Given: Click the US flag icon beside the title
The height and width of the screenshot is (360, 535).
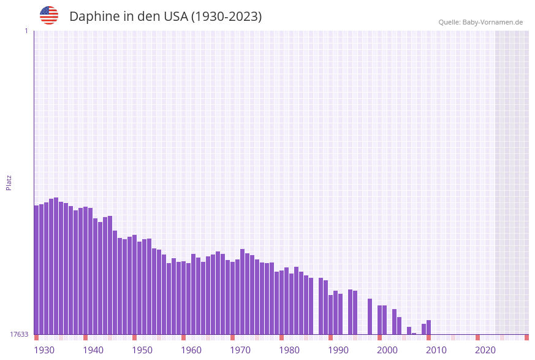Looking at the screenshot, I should tap(49, 15).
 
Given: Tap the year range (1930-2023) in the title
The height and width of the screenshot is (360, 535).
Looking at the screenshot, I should tap(226, 17).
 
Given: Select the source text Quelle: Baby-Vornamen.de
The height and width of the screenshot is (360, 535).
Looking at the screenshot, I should tap(480, 22).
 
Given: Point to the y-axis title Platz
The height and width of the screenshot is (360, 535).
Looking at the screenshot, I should tap(9, 182).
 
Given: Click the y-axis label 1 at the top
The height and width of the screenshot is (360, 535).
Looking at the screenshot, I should tap(26, 31).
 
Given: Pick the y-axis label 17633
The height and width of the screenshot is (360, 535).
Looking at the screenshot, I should tap(19, 334).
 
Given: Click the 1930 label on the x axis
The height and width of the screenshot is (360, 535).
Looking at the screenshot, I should tap(44, 350).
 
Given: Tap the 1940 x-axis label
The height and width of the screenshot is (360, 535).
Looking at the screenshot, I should tap(93, 350).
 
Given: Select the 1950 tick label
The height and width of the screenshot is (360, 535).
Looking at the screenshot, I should tap(142, 350).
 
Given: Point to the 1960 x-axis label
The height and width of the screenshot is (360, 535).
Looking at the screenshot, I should tap(191, 350).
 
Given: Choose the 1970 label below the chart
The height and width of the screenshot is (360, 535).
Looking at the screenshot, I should tap(240, 350).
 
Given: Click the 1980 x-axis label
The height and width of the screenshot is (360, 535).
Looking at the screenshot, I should tap(289, 350).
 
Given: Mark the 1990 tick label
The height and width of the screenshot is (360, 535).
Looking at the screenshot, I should tap(338, 350).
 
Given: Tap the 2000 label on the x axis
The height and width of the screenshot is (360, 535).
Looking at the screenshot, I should tap(387, 350).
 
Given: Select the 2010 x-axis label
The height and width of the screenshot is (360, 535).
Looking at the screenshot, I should tap(436, 350).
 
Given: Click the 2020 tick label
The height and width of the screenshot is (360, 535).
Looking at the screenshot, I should tap(485, 350).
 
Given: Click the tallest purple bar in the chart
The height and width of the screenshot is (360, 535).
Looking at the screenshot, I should tap(56, 266).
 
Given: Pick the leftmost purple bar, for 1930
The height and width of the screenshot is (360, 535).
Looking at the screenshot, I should tap(37, 270).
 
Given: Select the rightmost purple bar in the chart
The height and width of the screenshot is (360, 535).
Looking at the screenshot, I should tap(429, 327).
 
